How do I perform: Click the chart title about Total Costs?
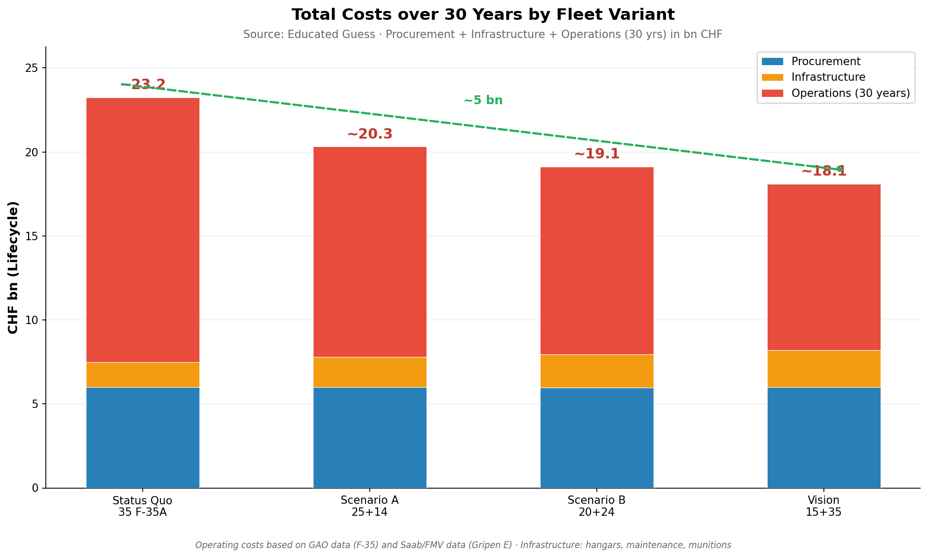click(483, 15)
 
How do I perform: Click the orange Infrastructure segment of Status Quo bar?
click(143, 375)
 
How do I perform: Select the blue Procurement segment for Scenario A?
click(370, 438)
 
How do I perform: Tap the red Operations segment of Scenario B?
click(597, 261)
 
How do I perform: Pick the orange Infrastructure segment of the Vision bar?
click(824, 369)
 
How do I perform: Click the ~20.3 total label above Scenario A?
click(370, 134)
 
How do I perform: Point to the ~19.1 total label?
click(597, 154)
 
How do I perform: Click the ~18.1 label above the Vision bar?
click(824, 171)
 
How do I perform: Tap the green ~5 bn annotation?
click(483, 101)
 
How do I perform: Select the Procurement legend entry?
click(825, 61)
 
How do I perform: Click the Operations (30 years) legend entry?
click(850, 93)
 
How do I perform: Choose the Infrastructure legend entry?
click(828, 77)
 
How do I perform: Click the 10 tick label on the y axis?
click(32, 320)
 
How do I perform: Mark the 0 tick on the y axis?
click(35, 488)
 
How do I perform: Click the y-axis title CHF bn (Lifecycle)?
click(14, 267)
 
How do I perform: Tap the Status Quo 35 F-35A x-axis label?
click(143, 506)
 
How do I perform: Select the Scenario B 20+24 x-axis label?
click(597, 506)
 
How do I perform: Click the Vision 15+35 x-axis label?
click(824, 506)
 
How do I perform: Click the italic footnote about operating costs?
click(463, 545)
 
